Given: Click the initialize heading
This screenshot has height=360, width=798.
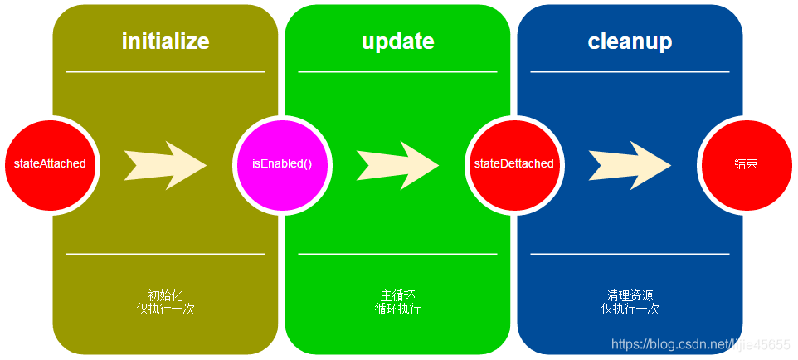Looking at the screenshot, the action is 165,41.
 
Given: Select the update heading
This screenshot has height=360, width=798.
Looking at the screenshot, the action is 397,41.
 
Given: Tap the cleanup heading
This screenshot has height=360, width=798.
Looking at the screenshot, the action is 630,41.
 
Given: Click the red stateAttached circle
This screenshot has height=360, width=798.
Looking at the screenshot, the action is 50,163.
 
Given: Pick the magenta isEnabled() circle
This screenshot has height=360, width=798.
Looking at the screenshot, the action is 282,163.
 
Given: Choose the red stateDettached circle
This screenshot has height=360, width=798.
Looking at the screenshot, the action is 513,163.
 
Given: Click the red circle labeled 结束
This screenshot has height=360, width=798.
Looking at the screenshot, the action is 746,163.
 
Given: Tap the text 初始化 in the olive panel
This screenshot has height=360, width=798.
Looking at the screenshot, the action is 165,295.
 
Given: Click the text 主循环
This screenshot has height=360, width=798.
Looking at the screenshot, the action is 397,295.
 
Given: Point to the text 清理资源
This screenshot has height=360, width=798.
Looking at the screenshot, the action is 630,295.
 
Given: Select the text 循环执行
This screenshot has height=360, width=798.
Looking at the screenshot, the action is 397,309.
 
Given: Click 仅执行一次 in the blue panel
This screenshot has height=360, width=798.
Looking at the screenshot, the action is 630,309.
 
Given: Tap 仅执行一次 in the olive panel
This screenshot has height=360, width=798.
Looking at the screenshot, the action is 165,309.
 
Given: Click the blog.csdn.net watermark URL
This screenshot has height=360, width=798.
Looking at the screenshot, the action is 700,344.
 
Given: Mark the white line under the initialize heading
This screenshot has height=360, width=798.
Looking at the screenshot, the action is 165,72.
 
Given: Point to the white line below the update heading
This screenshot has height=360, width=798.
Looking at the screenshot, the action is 397,72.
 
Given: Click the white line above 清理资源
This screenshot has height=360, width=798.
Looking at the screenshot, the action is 630,254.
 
